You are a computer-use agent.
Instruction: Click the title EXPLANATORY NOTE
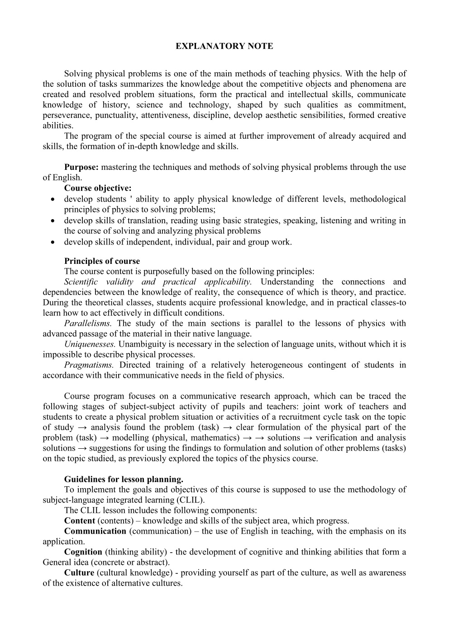coord(224,46)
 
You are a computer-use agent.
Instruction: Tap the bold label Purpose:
coord(81,167)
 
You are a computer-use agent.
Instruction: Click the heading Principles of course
coord(102,261)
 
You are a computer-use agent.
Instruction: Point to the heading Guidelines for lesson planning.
coord(124,479)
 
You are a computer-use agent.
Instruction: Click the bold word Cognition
coord(83,552)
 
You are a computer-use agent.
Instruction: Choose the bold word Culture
coord(79,573)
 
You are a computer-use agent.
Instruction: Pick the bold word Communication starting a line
coord(96,531)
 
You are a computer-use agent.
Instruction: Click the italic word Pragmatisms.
coord(89,365)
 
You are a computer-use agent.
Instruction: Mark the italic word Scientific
coord(81,282)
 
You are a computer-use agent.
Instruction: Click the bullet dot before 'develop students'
coord(54,199)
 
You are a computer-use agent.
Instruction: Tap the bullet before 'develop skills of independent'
coord(54,242)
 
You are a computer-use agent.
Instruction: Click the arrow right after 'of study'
coord(82,427)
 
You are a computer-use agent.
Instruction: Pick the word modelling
coord(131,438)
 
